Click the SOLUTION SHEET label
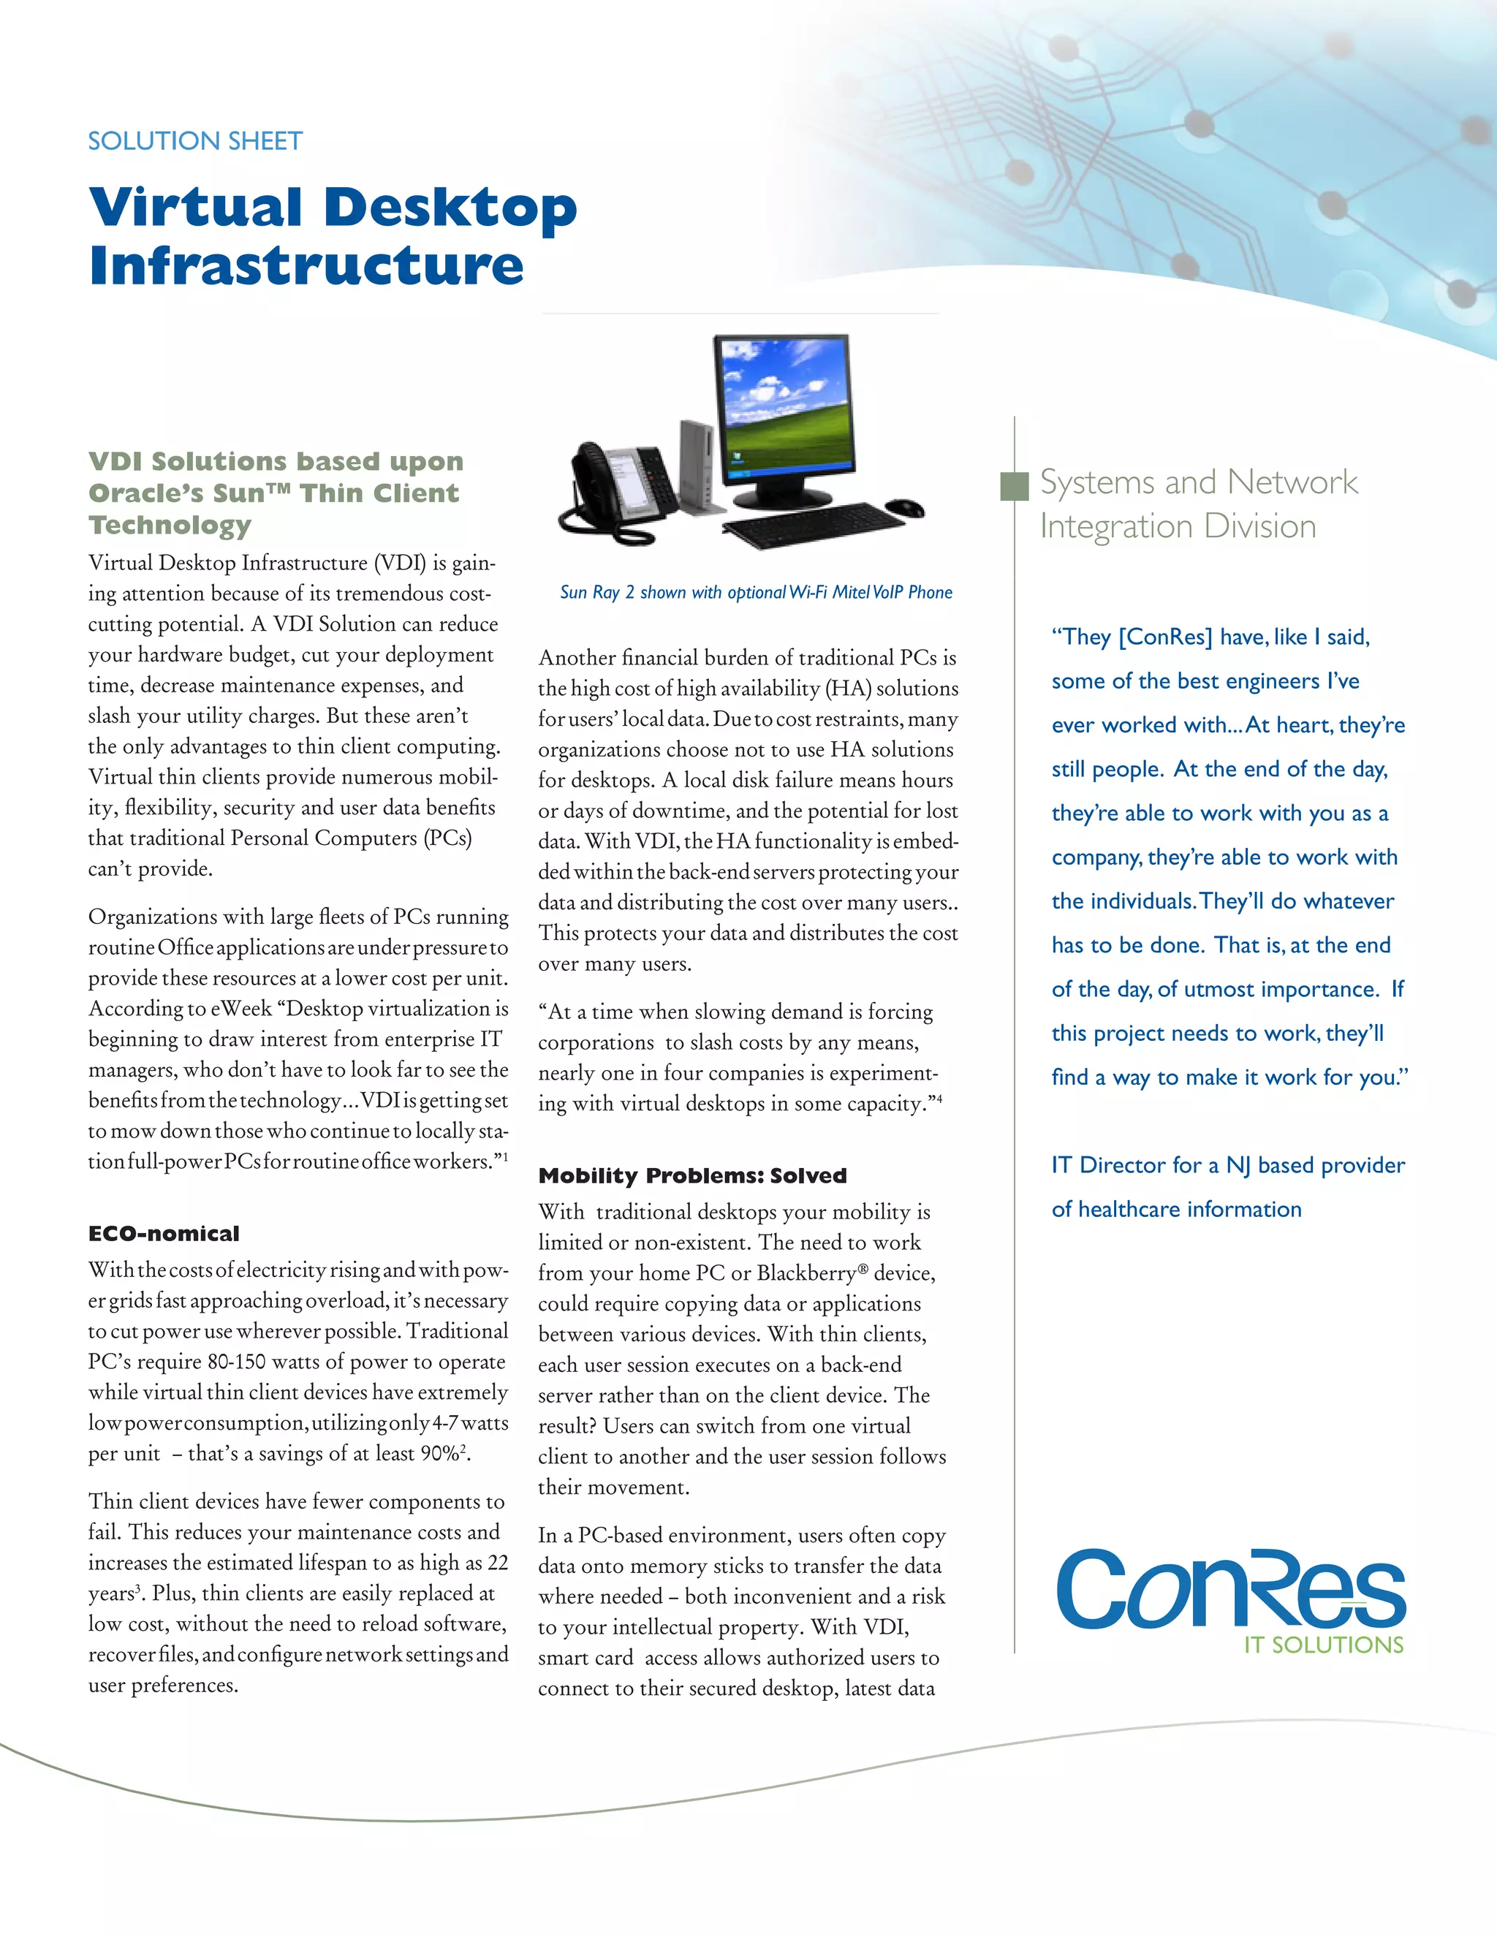point(195,141)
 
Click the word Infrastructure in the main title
point(306,265)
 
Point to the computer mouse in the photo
point(906,507)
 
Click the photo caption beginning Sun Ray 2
point(756,593)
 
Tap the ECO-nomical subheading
point(164,1234)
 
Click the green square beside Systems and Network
point(1014,486)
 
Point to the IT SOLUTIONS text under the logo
point(1323,1645)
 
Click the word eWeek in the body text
point(241,1009)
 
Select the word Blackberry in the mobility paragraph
point(807,1273)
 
